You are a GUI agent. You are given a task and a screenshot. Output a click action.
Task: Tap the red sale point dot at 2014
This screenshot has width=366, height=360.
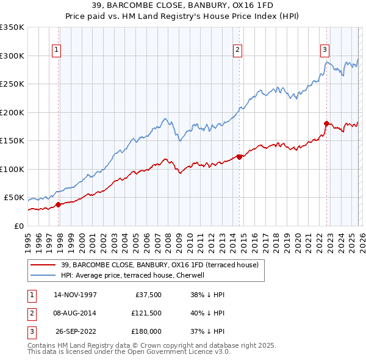(x=239, y=157)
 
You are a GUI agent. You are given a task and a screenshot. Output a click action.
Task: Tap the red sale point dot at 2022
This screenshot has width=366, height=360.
(x=327, y=123)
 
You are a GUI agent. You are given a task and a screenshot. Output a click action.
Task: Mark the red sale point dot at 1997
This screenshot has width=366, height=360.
(x=59, y=204)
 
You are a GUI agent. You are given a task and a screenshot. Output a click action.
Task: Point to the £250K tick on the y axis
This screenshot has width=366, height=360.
(x=12, y=84)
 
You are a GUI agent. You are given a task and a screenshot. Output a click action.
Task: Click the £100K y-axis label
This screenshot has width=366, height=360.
(x=12, y=169)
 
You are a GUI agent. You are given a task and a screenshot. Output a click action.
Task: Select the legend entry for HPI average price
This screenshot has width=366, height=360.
(x=135, y=275)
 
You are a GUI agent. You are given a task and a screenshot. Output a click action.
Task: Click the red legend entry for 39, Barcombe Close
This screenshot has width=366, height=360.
(x=160, y=265)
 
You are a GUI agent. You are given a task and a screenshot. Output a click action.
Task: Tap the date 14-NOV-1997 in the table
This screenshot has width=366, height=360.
(x=75, y=295)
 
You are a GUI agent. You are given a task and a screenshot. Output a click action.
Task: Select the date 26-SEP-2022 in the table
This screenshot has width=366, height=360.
(x=75, y=331)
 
